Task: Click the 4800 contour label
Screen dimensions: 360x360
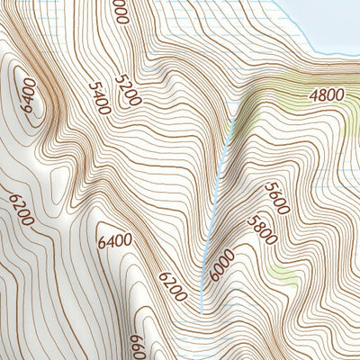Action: pos(327,94)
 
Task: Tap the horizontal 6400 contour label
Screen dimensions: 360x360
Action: pos(114,240)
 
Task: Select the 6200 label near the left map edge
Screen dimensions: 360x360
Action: pos(20,209)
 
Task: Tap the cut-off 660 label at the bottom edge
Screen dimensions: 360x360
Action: pos(138,346)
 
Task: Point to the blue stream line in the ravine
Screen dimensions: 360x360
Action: pos(220,180)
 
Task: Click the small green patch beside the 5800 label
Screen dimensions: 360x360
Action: pos(284,274)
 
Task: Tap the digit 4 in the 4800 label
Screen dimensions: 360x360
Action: pos(312,94)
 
